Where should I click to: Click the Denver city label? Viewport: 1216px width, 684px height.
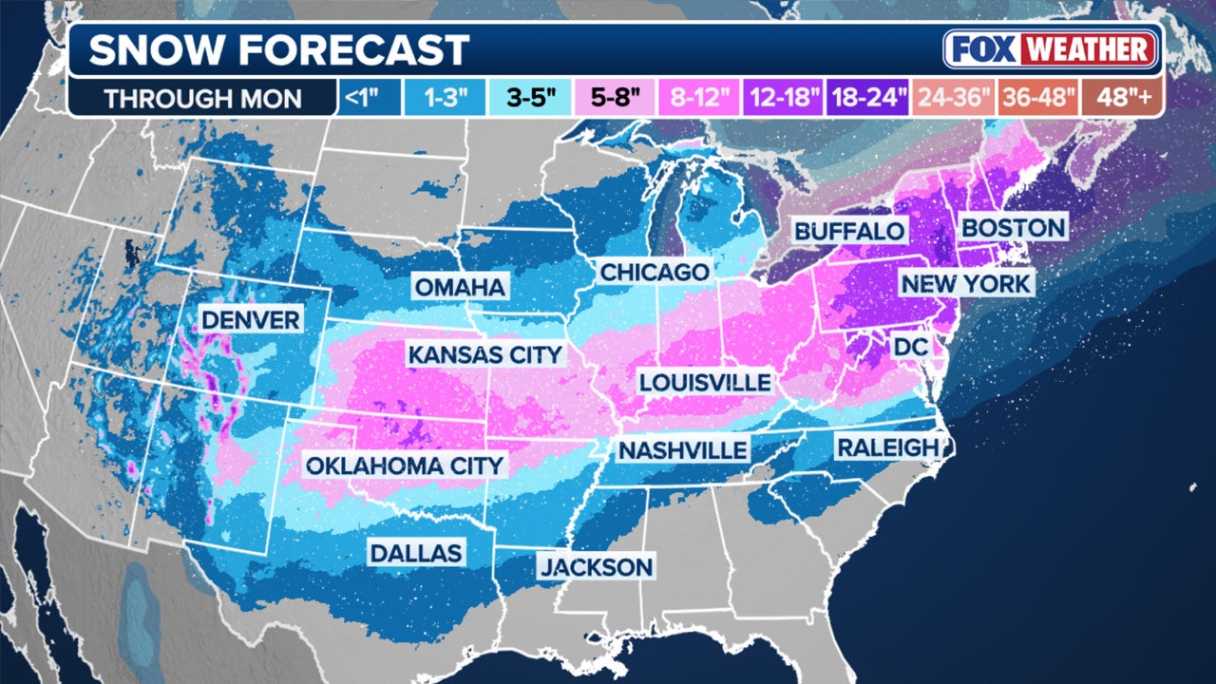(x=251, y=319)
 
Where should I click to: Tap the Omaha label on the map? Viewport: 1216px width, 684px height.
(x=460, y=287)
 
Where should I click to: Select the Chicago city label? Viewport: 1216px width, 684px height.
(x=654, y=273)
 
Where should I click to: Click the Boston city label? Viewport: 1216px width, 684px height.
(x=1013, y=228)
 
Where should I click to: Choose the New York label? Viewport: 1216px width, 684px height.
(x=965, y=283)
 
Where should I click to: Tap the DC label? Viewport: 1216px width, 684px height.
(x=909, y=348)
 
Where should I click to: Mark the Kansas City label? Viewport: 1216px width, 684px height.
(x=485, y=355)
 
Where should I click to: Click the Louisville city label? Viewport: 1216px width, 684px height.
(x=704, y=382)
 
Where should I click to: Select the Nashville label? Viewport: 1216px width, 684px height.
(x=682, y=449)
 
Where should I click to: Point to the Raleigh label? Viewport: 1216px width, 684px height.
(x=887, y=446)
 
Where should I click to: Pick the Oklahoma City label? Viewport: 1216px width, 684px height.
(x=404, y=465)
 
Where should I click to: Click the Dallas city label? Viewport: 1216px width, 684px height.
(x=416, y=553)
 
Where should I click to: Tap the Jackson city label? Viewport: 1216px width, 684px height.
(x=596, y=568)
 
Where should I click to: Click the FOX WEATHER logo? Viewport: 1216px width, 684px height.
(x=1052, y=49)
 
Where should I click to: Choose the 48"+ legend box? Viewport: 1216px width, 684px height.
(x=1122, y=98)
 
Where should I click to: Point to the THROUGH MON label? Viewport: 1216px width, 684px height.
(x=202, y=98)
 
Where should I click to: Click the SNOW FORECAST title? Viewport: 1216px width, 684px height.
(x=279, y=49)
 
